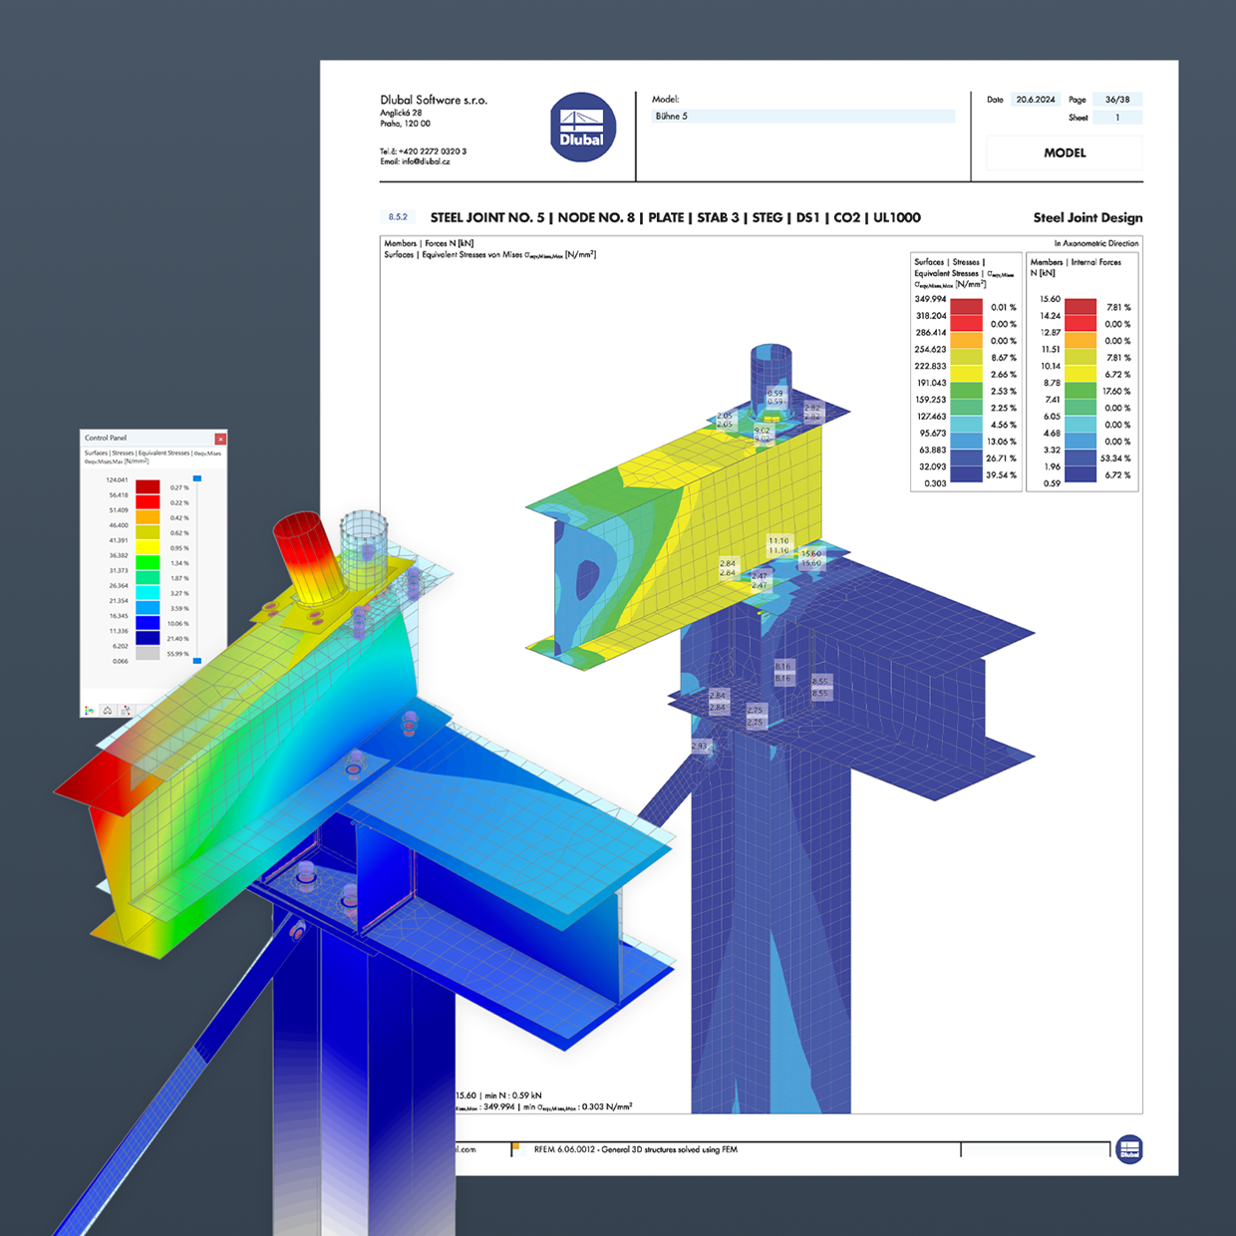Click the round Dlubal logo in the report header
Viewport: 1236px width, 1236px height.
582,128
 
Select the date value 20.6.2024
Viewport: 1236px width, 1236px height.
1036,100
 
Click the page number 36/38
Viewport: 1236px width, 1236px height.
1116,100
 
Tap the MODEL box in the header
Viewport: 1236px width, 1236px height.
1064,153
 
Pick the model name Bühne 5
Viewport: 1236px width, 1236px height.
671,117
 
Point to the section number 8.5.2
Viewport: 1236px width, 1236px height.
398,217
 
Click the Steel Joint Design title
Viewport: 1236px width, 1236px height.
1087,217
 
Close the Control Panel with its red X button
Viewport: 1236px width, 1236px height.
220,439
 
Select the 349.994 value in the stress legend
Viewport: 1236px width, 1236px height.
930,299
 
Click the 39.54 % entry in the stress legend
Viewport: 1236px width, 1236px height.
1001,475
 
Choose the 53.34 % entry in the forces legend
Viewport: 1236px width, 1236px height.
1114,459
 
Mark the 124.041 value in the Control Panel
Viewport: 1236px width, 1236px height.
117,480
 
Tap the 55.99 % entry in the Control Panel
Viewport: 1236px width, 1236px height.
178,654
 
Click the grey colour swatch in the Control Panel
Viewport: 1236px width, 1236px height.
148,654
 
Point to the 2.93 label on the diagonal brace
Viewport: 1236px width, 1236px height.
700,746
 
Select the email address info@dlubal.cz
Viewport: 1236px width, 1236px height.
415,161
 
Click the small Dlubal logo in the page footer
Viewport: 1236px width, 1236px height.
1128,1149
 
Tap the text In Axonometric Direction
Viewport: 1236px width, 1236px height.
1095,243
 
